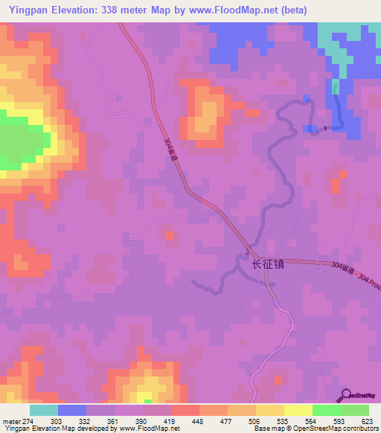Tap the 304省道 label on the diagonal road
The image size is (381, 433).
pos(173,153)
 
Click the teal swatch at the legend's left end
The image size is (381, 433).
pos(44,410)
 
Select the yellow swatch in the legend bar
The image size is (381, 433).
pos(298,410)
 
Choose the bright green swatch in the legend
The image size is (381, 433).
pos(327,410)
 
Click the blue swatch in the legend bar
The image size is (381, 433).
pos(72,410)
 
